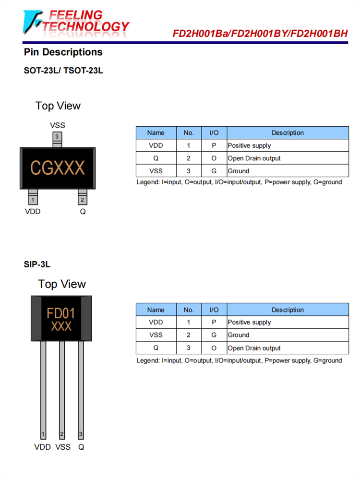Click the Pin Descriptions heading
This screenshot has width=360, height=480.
click(x=63, y=52)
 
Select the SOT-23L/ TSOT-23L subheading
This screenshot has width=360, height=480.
click(x=63, y=71)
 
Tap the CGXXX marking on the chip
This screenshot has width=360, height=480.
click(x=58, y=168)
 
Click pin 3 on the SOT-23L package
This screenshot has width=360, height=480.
click(x=57, y=137)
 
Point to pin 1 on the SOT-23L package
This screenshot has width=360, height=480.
click(x=33, y=200)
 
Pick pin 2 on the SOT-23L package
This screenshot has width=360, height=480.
click(x=83, y=200)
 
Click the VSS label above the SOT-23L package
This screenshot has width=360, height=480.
click(x=57, y=125)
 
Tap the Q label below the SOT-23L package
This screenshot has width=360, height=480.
click(x=83, y=212)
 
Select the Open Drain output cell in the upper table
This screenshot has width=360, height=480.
click(x=254, y=158)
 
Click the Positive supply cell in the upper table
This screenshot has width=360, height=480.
click(x=249, y=145)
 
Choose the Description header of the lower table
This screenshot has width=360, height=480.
click(x=288, y=310)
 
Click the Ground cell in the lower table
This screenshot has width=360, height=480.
click(x=239, y=335)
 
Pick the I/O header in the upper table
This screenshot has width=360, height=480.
click(x=214, y=133)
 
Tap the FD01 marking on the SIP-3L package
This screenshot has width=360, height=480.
click(x=61, y=314)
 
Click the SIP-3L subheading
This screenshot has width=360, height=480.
click(x=37, y=264)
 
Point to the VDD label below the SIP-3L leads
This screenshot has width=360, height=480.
click(x=42, y=447)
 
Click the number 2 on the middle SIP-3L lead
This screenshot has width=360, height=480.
click(x=62, y=434)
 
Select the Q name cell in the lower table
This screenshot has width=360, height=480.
click(x=156, y=348)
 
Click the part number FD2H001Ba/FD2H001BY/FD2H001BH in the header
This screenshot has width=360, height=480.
click(x=260, y=34)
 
